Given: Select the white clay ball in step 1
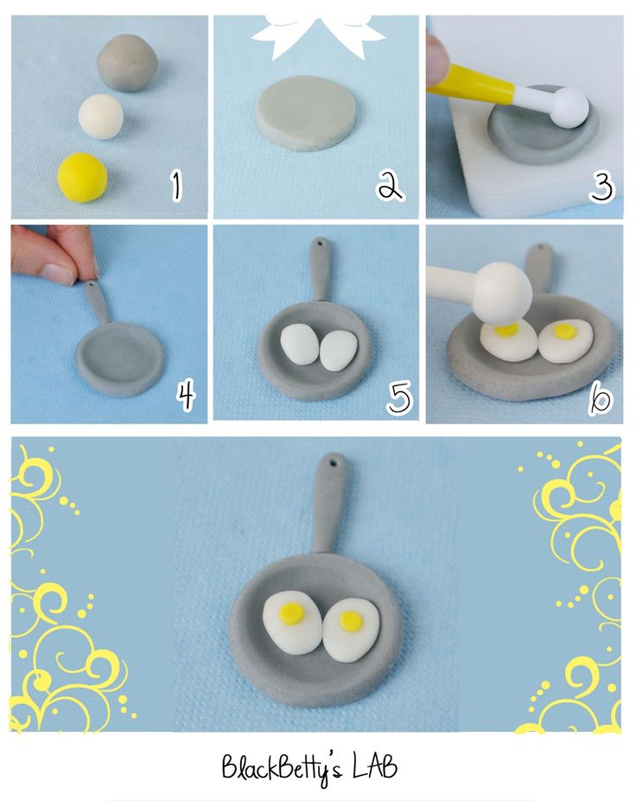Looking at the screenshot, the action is (100, 116).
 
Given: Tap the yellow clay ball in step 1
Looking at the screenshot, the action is (82, 177).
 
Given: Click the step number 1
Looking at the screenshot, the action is (176, 186).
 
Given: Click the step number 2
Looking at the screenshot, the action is (391, 186).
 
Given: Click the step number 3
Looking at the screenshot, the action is (601, 187).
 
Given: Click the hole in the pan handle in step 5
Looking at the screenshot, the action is (321, 245).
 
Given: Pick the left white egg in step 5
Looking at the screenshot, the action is (300, 345).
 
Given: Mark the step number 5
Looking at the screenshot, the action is (399, 397).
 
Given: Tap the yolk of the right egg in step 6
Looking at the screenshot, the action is (564, 331).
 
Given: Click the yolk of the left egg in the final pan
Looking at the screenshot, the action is (292, 613).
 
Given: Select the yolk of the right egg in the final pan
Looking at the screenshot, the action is (351, 620).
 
